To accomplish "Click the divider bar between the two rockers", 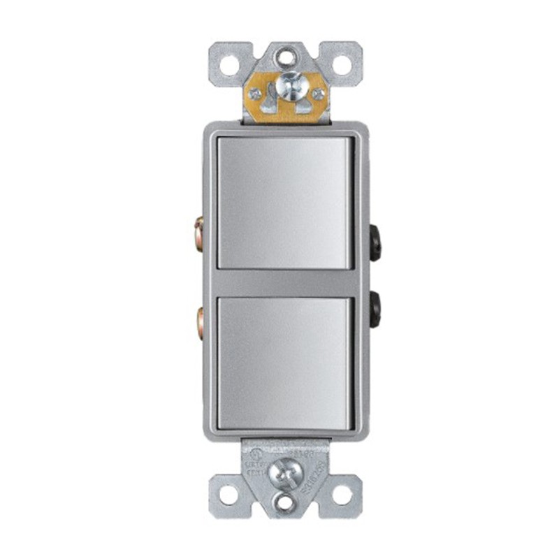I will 285,283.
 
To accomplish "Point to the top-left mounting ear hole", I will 230,65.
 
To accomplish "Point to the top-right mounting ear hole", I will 342,65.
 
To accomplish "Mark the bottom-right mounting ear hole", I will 342,494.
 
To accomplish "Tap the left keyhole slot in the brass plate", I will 268,103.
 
